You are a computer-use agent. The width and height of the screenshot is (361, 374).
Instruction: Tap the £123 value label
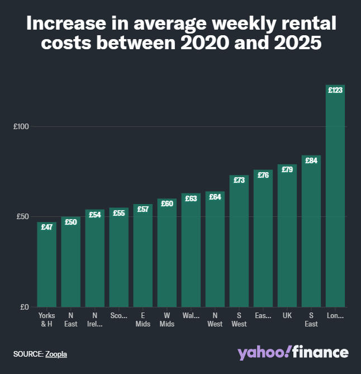(x=335, y=90)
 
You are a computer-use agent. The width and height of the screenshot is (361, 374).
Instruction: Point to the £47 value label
(x=47, y=227)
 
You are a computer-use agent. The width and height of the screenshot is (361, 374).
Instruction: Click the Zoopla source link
(x=56, y=354)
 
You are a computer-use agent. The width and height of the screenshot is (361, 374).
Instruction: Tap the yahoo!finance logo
(x=293, y=352)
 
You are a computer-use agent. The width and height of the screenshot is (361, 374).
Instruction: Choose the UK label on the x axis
(x=287, y=315)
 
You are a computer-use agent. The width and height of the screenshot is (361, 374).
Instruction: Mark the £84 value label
(x=311, y=160)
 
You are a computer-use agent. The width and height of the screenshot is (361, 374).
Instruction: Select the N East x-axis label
(x=71, y=320)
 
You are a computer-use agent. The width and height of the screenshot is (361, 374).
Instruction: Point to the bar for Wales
(x=191, y=252)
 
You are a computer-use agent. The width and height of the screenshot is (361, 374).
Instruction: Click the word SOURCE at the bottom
(x=27, y=354)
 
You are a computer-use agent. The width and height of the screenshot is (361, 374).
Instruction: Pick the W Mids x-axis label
(x=167, y=320)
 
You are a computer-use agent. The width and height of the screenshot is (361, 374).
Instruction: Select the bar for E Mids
(x=143, y=257)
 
